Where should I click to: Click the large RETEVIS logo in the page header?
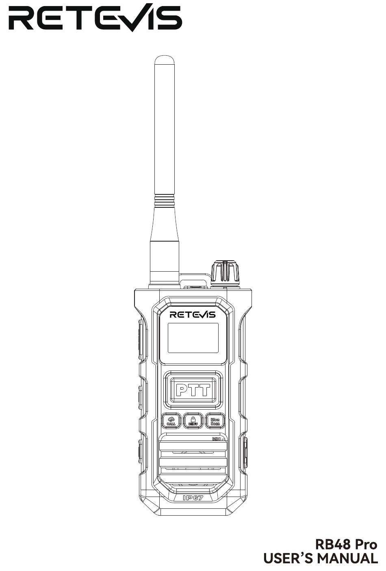95,17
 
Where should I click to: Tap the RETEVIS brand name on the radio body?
193,315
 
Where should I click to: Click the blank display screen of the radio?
193,338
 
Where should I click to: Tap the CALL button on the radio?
171,421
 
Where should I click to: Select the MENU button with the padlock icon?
193,421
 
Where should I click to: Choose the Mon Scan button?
215,421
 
